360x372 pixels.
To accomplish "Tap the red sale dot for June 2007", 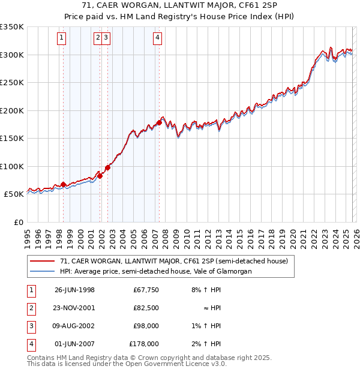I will tap(159, 123).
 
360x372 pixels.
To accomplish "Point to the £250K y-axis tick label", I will tap(12, 82).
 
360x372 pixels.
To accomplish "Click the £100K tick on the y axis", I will tap(12, 166).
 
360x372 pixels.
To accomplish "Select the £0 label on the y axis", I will tap(18, 222).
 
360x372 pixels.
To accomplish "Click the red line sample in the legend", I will tap(42, 261).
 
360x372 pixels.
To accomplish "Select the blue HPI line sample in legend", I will tap(42, 271).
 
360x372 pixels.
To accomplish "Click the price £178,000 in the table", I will tap(144, 344).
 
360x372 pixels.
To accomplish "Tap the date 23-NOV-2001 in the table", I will tap(74, 308).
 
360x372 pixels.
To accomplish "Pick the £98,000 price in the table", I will tap(146, 326).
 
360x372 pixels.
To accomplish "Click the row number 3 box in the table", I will tap(29, 326).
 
